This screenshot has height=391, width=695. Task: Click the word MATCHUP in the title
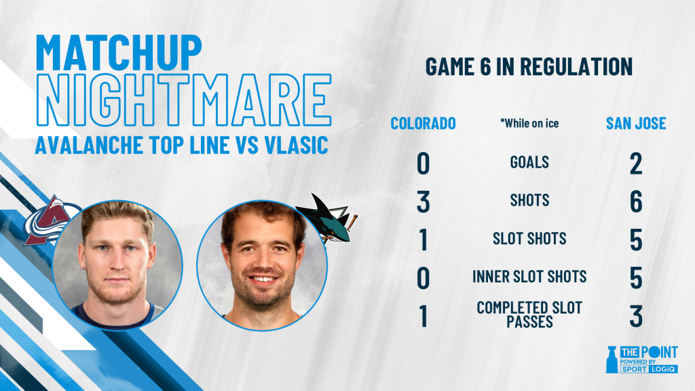[x=119, y=53]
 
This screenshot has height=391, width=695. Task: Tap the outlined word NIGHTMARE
[x=184, y=100]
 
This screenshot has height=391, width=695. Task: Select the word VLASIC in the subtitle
[x=296, y=145]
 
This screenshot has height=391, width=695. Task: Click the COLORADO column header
[x=423, y=124]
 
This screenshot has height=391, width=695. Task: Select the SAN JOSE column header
[x=636, y=124]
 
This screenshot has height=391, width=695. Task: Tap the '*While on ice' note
[x=529, y=124]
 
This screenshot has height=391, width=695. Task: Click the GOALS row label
[x=529, y=162]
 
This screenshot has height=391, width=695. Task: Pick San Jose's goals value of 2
[x=636, y=164]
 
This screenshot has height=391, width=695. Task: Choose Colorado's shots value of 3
[x=424, y=202]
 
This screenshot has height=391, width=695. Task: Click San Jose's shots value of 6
[x=636, y=202]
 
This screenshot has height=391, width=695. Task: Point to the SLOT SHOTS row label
[x=529, y=238]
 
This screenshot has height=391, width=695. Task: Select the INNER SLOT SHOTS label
[x=529, y=277]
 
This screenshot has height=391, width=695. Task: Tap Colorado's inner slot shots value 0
[x=424, y=278]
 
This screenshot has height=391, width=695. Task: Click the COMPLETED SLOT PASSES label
[x=529, y=314]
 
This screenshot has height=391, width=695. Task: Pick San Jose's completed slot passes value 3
[x=636, y=316]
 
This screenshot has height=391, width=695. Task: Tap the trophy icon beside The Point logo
[x=612, y=359]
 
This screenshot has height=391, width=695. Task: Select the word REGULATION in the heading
[x=576, y=67]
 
